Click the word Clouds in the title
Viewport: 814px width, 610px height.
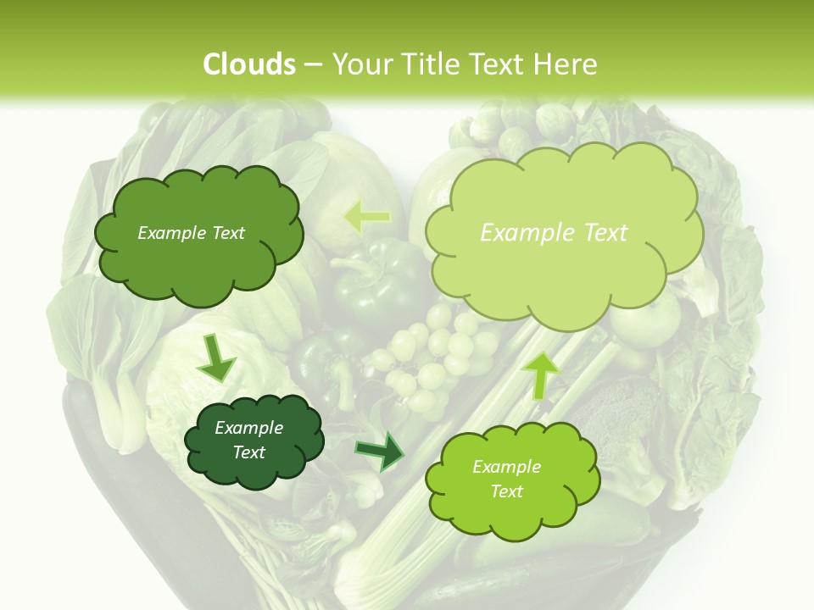tap(249, 64)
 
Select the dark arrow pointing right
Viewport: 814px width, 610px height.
tap(379, 450)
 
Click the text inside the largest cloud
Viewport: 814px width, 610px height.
tap(554, 233)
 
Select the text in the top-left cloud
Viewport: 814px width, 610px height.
tap(191, 233)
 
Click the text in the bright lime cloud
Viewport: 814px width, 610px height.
tap(506, 479)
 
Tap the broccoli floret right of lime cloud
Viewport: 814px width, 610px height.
tap(623, 407)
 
